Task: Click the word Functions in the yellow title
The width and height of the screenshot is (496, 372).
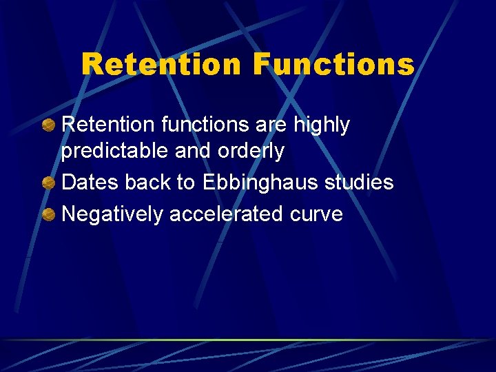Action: (333, 64)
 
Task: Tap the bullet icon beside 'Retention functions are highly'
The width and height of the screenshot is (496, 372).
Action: (49, 125)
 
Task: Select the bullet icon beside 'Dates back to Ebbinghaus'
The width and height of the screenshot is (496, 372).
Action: (49, 183)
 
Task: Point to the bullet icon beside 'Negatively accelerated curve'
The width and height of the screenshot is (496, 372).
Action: (49, 214)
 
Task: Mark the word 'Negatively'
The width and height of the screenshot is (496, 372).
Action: (112, 214)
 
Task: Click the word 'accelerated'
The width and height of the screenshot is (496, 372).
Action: (226, 214)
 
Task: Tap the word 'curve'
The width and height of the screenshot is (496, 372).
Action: (316, 214)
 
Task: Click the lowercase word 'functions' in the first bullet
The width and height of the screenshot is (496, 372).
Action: (200, 125)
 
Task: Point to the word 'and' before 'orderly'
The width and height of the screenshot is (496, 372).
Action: (191, 150)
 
